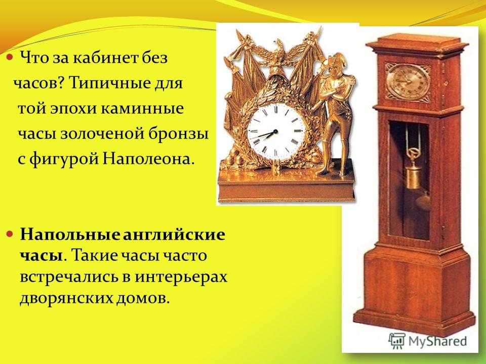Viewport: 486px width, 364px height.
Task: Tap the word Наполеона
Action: [x=149, y=159]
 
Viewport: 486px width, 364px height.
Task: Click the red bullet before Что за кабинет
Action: [x=10, y=58]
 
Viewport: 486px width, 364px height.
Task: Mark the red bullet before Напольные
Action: [x=10, y=234]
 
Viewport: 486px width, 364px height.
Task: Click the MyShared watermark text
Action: [x=437, y=341]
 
